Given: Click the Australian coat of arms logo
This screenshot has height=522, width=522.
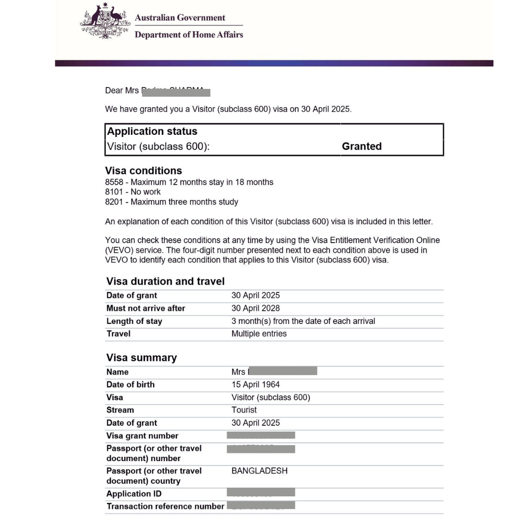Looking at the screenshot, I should [x=104, y=22].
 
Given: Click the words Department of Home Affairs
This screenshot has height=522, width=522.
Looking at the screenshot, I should [x=188, y=35].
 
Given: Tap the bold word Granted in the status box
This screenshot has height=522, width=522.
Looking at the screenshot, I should [x=362, y=146].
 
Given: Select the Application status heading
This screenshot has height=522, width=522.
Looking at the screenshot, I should [x=152, y=131].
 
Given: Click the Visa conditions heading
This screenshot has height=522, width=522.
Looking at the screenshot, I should [x=144, y=171].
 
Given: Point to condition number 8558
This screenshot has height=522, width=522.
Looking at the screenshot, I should [x=114, y=182].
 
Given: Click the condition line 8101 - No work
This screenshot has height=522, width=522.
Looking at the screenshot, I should [x=133, y=192].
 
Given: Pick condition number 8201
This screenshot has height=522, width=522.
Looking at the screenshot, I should [x=114, y=202].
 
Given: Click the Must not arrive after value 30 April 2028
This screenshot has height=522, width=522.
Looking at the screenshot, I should [x=256, y=308].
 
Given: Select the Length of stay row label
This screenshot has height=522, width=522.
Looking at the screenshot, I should [x=134, y=321].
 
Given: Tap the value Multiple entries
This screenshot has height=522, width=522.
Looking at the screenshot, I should [x=259, y=333].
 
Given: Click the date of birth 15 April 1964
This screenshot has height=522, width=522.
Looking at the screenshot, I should [x=256, y=385].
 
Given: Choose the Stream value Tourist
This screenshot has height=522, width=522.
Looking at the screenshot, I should [x=244, y=410].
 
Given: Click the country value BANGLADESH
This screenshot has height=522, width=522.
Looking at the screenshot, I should [x=260, y=471].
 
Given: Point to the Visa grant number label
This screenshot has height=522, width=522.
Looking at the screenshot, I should [x=142, y=435].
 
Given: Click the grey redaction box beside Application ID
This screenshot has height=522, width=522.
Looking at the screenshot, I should [x=261, y=493].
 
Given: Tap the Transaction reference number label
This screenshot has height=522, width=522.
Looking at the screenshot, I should [x=165, y=506].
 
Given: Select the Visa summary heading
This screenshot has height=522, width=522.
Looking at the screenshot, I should [x=142, y=358].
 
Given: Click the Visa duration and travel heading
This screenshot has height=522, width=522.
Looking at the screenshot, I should [x=165, y=281].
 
